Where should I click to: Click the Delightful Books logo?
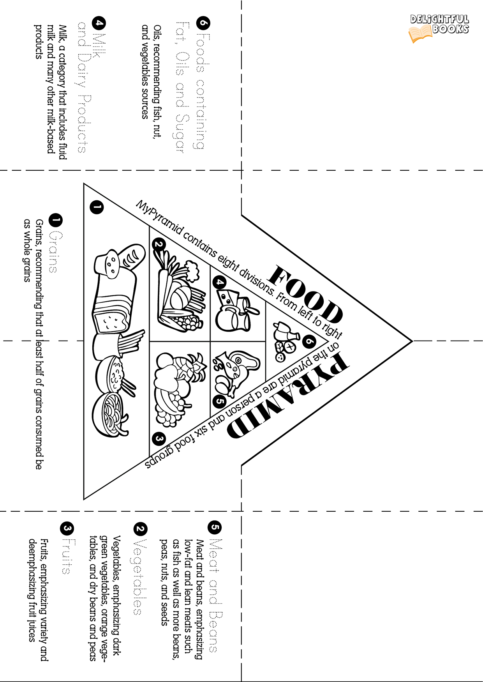pyautogui.click(x=439, y=28)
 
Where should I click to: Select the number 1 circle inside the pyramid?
pyautogui.click(x=97, y=207)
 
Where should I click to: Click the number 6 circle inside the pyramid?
pyautogui.click(x=309, y=342)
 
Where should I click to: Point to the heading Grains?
pyautogui.click(x=55, y=252)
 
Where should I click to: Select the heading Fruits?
pyautogui.click(x=67, y=556)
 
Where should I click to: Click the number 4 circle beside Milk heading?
pyautogui.click(x=99, y=23)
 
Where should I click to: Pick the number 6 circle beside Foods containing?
pyautogui.click(x=203, y=23)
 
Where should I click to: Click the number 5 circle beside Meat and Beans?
pyautogui.click(x=215, y=528)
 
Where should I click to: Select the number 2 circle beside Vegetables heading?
pyautogui.click(x=140, y=529)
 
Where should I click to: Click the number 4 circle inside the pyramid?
pyautogui.click(x=220, y=282)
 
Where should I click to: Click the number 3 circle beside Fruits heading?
pyautogui.click(x=67, y=528)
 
